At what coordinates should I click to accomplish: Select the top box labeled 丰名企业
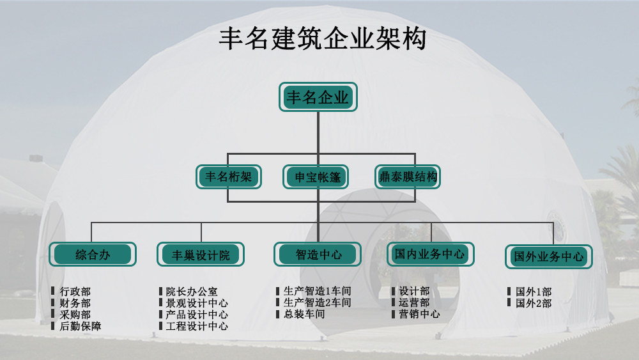tap(318, 97)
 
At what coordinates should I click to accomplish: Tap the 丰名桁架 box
tap(228, 177)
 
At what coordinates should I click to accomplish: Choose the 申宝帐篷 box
tap(317, 177)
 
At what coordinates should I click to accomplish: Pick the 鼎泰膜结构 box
tap(408, 177)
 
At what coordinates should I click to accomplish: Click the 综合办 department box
tap(93, 254)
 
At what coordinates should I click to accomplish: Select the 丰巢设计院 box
tap(201, 254)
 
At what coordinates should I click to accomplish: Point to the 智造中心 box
tap(318, 254)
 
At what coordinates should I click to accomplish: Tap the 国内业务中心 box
tap(430, 254)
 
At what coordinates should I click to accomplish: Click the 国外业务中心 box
tap(548, 256)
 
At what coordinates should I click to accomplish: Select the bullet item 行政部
tap(75, 292)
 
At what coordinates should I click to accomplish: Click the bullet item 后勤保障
tap(80, 326)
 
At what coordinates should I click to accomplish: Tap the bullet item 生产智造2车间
tap(317, 302)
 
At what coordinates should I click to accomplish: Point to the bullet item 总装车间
tap(304, 314)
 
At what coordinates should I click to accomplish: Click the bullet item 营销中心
tap(419, 314)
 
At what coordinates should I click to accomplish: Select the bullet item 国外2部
tap(534, 303)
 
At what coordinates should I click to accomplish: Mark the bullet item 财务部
tap(75, 303)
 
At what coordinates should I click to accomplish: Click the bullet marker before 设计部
tap(394, 292)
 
